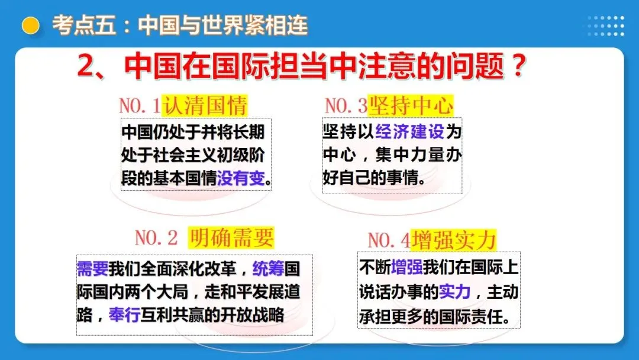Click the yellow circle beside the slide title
pyautogui.click(x=30, y=25)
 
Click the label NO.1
pyautogui.click(x=140, y=106)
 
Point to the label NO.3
pyautogui.click(x=346, y=106)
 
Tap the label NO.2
pyautogui.click(x=156, y=238)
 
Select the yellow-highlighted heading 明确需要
pyautogui.click(x=231, y=237)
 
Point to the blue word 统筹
pyautogui.click(x=268, y=269)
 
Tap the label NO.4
pyautogui.click(x=389, y=240)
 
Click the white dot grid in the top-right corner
pyautogui.click(x=605, y=25)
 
